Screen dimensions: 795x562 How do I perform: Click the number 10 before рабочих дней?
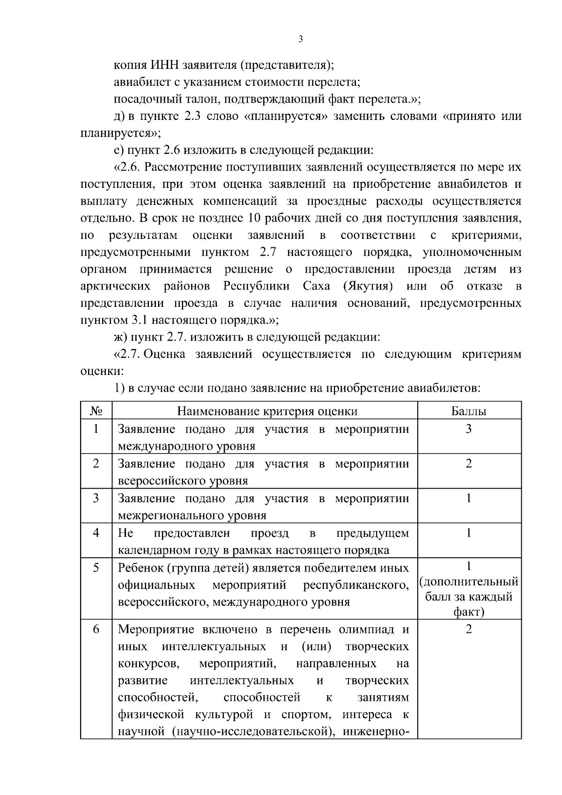pos(256,218)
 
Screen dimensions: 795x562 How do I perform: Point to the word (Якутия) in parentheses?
pos(368,286)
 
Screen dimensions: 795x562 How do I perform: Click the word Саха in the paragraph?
pos(317,286)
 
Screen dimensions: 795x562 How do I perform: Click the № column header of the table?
pos(96,411)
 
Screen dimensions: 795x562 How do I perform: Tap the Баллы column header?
pos(469,411)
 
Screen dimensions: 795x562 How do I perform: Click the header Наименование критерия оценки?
pos(267,411)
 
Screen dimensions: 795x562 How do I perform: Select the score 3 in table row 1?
pos(469,429)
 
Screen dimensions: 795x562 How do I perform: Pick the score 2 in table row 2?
pos(469,463)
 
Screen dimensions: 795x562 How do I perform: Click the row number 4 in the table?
pos(96,533)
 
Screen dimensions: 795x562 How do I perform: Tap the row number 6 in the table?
pos(96,629)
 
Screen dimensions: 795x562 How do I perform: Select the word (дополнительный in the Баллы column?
pos(469,582)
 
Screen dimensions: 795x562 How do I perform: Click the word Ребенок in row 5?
pos(139,568)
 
